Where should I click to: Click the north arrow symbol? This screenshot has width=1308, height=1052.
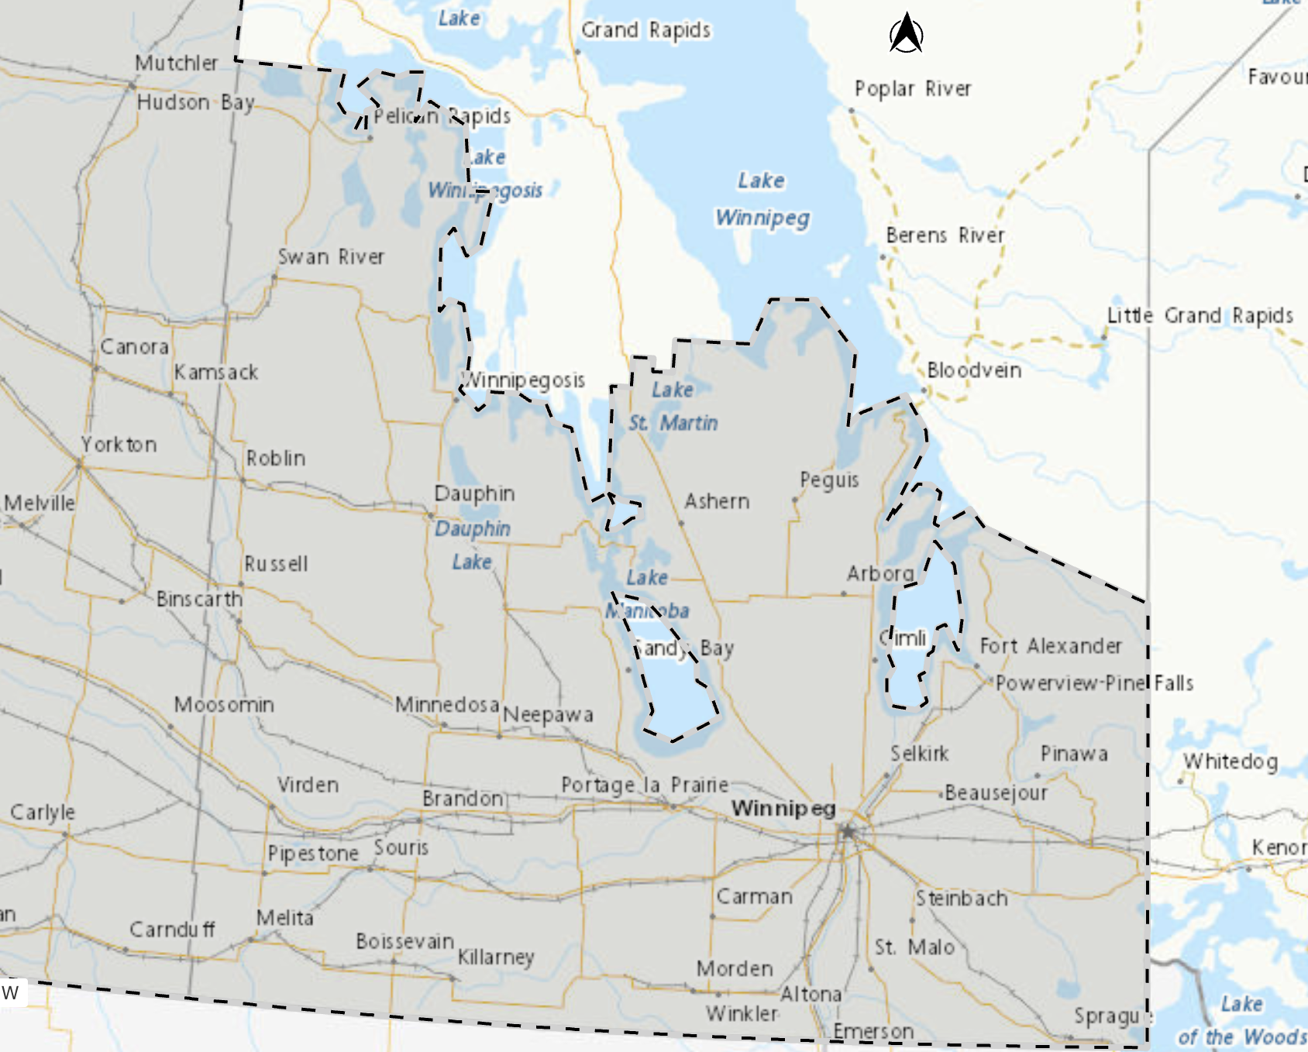(x=906, y=34)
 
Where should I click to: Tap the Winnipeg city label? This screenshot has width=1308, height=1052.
(x=783, y=809)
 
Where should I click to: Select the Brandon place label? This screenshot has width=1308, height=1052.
(x=463, y=798)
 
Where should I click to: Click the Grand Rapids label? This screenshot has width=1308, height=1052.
(x=645, y=30)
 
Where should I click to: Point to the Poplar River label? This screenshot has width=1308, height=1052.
(x=912, y=89)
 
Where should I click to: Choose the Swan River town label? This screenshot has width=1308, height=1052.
(x=331, y=256)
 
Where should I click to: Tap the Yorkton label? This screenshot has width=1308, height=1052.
(x=119, y=445)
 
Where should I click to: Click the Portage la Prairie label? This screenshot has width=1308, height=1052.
(x=645, y=785)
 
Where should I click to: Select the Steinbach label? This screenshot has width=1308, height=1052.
(x=962, y=899)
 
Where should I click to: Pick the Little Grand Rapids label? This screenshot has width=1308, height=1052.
(x=1200, y=316)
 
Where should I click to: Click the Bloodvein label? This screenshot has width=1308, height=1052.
(x=974, y=370)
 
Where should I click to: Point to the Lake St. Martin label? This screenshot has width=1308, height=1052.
(x=673, y=407)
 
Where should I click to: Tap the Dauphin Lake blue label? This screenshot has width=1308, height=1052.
(x=472, y=545)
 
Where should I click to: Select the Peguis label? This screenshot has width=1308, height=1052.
(x=829, y=480)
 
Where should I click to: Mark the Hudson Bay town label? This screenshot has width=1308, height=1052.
(x=195, y=102)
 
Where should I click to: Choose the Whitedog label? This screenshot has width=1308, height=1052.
(x=1231, y=761)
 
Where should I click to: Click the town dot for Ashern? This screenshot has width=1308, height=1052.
(x=681, y=523)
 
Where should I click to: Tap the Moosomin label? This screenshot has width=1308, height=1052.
(x=224, y=705)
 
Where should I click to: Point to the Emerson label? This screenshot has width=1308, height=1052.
(x=873, y=1032)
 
